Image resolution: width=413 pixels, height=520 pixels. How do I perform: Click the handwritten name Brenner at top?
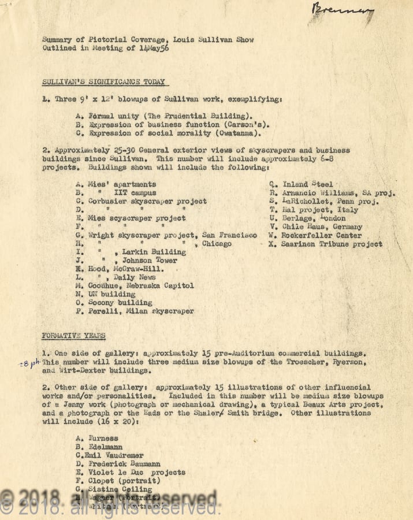(341, 10)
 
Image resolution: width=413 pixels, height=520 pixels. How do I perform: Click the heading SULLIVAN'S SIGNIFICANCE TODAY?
(103, 82)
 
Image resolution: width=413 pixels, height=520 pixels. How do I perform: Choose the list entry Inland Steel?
(307, 184)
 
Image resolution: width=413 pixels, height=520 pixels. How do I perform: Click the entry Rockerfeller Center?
(322, 235)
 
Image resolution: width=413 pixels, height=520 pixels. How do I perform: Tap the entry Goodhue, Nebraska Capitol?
(140, 285)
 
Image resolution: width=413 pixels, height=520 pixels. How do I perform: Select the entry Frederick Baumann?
(124, 463)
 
